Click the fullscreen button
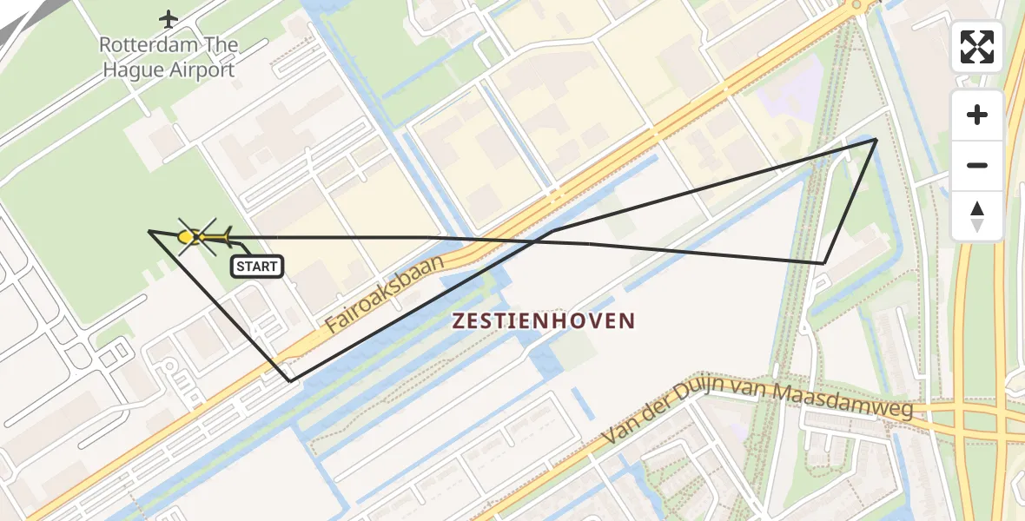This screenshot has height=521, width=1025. pos(977,47)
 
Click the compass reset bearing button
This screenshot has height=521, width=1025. pos(977,215)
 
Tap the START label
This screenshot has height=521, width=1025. pos(257,267)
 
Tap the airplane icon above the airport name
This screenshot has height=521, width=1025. pos(169,18)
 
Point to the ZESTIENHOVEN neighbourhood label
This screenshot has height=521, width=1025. pos(544,321)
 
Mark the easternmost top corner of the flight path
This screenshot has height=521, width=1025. pos(876,139)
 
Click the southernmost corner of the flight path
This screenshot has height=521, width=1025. pos(290,380)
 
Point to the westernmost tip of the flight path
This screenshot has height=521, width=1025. pos(150,231)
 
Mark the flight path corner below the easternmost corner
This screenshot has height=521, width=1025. pos(823,262)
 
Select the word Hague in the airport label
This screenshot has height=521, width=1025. pos(133,70)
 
